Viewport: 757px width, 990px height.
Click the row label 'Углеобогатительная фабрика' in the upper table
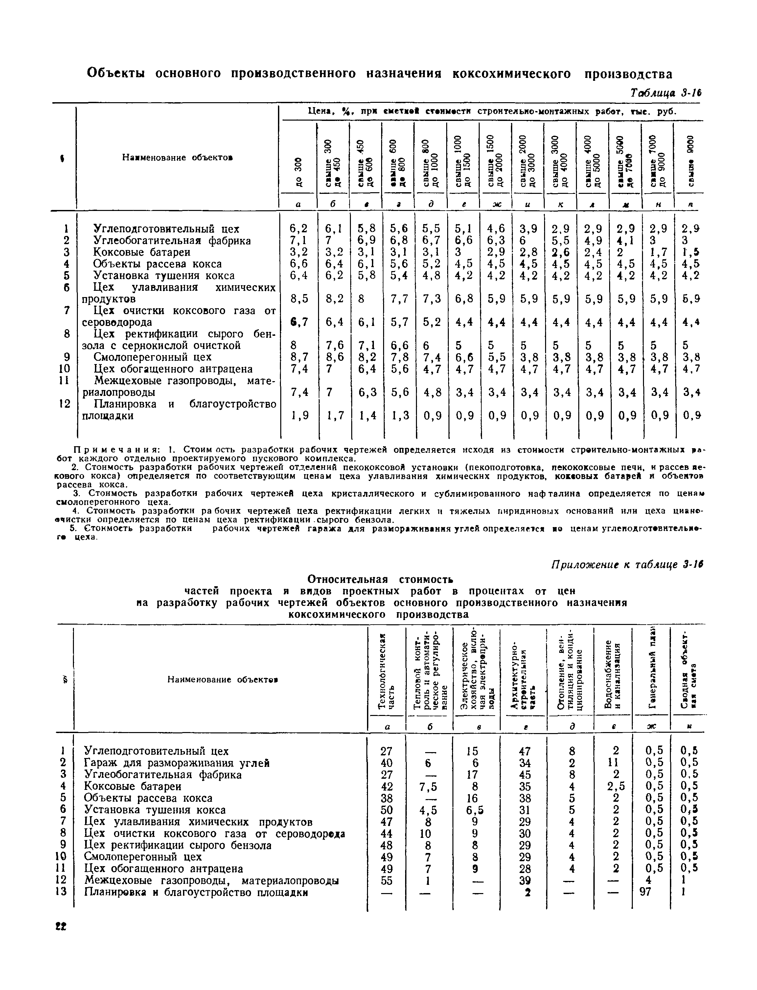pos(172,241)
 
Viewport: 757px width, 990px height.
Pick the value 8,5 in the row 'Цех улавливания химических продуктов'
pos(299,299)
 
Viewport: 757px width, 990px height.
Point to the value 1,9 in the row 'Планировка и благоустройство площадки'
pos(299,415)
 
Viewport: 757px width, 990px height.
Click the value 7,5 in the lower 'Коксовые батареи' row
pos(428,786)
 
